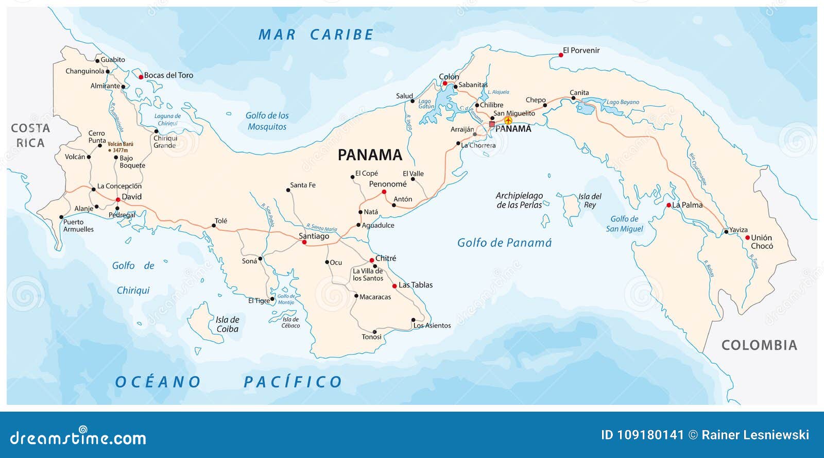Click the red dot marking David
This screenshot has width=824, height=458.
[x=118, y=199]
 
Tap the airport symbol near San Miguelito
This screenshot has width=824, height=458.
[x=508, y=121]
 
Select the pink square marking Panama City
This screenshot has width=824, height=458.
[x=492, y=124]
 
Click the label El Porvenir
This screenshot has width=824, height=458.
[x=581, y=50]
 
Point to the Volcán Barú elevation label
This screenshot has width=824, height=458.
[x=120, y=147]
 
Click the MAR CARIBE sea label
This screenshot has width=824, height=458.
[x=316, y=35]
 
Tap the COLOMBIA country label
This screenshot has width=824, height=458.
[x=759, y=345]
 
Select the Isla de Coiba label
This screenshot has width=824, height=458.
[x=227, y=324]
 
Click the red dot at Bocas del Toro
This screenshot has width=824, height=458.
[x=141, y=77]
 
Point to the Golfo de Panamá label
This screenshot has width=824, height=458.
[x=504, y=243]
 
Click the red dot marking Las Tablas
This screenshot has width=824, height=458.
[x=394, y=286]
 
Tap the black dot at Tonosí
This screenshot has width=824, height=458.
[x=374, y=332]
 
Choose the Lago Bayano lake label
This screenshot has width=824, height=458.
[x=622, y=102]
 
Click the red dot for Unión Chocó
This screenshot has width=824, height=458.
[x=747, y=238]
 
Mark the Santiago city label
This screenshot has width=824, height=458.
[x=314, y=236]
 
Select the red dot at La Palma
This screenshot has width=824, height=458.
[x=668, y=205]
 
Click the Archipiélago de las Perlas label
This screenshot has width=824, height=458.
[x=519, y=200]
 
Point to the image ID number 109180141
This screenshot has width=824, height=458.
[x=642, y=435]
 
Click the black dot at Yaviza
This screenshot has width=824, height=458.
[x=726, y=232]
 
